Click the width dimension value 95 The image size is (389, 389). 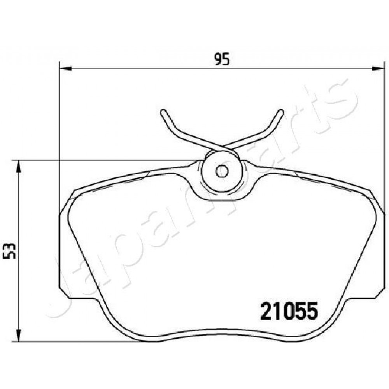tap(222, 59)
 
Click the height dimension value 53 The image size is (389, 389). tap(10, 251)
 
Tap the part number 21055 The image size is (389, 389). tap(289, 311)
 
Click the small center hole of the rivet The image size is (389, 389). tap(222, 171)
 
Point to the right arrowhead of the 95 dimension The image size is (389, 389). tap(377, 68)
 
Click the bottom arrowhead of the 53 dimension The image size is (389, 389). tap(19, 335)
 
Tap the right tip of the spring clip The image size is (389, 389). tap(280, 112)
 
